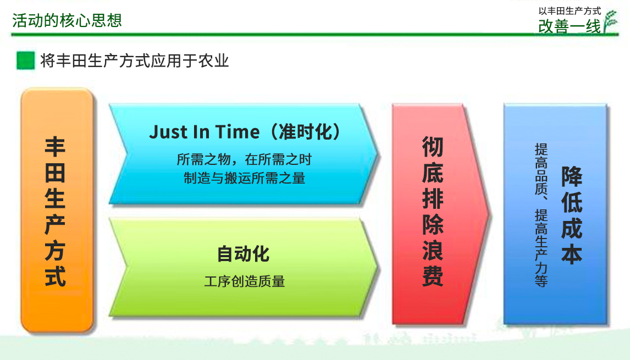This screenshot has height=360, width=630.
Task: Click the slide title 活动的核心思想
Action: (x=67, y=20)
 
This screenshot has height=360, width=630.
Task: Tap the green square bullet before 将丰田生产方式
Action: (x=26, y=60)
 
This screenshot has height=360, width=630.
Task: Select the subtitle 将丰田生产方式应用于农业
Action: (x=135, y=60)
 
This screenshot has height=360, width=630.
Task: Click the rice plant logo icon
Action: (x=610, y=22)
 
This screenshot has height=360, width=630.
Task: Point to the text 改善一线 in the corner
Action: (x=570, y=26)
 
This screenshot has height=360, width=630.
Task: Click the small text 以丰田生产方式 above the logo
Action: (x=570, y=11)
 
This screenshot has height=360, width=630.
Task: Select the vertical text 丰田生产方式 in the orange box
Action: (x=55, y=212)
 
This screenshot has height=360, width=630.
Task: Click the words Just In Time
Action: (x=205, y=132)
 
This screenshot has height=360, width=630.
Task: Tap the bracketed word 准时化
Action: (x=305, y=132)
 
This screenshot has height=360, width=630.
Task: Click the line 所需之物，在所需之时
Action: (x=244, y=159)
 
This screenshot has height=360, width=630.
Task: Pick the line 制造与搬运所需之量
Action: (x=244, y=178)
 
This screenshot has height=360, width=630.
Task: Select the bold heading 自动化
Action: (x=243, y=254)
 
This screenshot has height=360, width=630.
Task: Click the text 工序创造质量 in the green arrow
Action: (x=244, y=281)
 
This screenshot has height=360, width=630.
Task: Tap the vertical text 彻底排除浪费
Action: (x=433, y=212)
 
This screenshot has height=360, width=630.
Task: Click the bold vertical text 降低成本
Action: (x=571, y=215)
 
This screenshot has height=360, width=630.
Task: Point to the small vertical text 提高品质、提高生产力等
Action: (x=541, y=215)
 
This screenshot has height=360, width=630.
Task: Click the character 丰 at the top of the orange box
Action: (x=55, y=147)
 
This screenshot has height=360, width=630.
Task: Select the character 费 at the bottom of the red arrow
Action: (x=433, y=276)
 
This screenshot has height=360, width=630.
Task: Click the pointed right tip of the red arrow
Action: (x=490, y=214)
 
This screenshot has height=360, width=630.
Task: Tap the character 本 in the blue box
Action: (x=571, y=254)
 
